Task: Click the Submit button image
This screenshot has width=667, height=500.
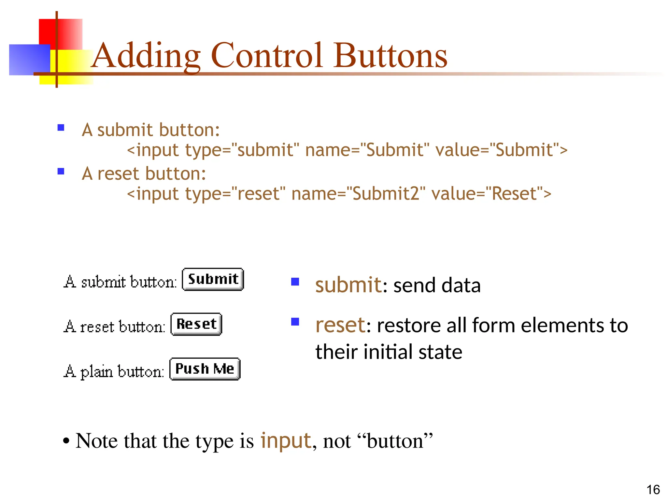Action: coord(213,279)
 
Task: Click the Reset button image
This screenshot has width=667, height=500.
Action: coord(196,324)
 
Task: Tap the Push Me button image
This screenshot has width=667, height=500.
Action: coord(205,369)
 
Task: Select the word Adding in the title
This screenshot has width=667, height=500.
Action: coord(147,56)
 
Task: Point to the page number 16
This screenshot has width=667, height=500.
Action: coord(653,490)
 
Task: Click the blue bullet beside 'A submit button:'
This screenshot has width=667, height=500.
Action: coord(61,127)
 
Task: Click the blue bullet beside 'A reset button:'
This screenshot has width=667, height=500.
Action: coord(61,171)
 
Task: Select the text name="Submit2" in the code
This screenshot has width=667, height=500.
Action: coord(358,194)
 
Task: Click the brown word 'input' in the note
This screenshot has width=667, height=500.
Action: coord(286,441)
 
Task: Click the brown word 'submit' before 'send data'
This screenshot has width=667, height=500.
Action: coord(348,285)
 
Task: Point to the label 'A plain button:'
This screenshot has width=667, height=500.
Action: coord(114,371)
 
